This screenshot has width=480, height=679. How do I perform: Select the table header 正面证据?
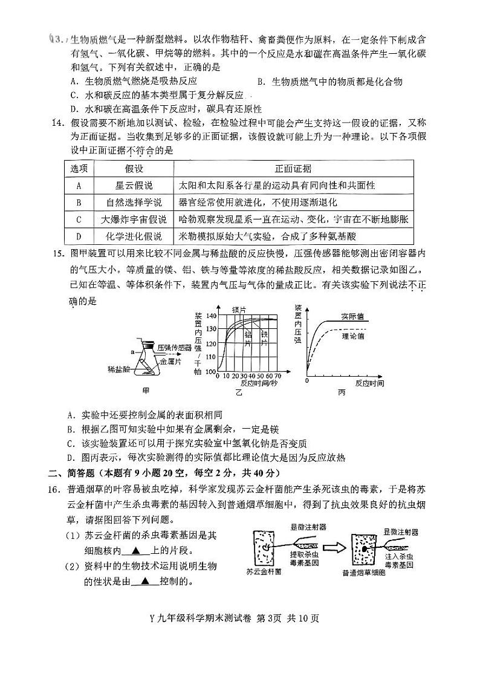click(x=293, y=168)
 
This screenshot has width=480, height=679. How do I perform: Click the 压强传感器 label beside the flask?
click(x=174, y=348)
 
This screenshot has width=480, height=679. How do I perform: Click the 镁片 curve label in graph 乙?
click(x=239, y=310)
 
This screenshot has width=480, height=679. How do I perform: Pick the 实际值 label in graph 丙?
click(x=352, y=316)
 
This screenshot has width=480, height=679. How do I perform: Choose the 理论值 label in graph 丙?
click(x=353, y=334)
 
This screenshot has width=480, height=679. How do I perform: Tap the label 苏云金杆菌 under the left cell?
click(x=264, y=571)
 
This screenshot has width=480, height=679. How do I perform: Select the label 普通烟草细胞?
click(x=363, y=572)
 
